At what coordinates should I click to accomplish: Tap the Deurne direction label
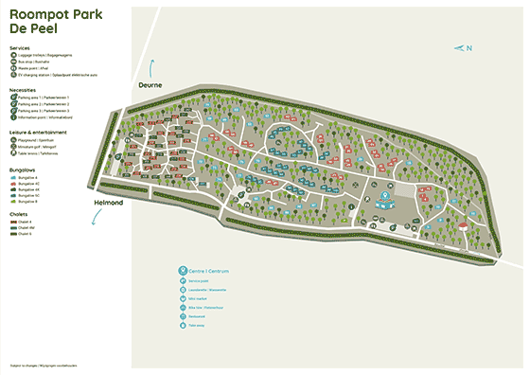point(150,85)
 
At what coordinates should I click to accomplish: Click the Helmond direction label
point(109,203)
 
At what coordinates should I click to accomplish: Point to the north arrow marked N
point(463,48)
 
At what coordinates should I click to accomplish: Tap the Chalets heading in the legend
point(18,213)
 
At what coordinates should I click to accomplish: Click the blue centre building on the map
point(385,198)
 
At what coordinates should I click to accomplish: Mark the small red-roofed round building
point(463,226)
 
